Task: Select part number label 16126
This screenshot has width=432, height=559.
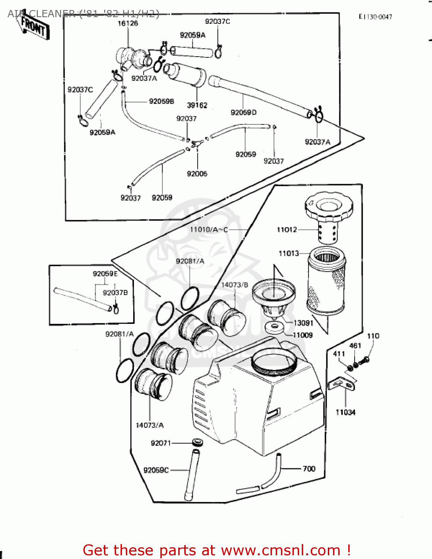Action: (128, 23)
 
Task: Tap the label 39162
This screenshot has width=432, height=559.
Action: (197, 105)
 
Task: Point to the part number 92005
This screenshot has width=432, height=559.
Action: (197, 174)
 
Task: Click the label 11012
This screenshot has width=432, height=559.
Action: (287, 230)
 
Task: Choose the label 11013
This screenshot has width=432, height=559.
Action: (289, 253)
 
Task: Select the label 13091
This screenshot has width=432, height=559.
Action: (303, 323)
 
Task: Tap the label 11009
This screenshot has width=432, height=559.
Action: (303, 335)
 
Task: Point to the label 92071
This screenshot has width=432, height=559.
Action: (161, 443)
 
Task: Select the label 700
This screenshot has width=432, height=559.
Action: (309, 468)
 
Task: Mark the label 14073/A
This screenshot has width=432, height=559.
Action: (150, 425)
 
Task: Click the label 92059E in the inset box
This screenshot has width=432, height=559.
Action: (105, 274)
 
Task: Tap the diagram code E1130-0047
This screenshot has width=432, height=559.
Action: (375, 17)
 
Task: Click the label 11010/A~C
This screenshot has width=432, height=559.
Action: (209, 230)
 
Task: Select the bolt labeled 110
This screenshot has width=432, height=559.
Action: (366, 360)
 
